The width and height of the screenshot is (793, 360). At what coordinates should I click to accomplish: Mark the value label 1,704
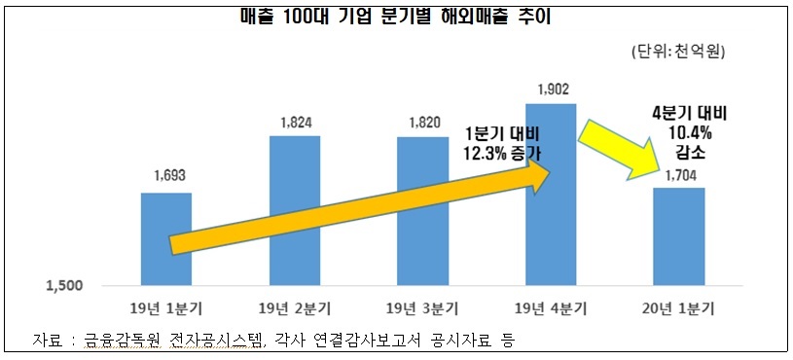pyautogui.click(x=678, y=176)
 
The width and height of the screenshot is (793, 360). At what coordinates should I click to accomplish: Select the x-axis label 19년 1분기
pyautogui.click(x=166, y=309)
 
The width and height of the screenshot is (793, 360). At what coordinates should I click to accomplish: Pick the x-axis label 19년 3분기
pyautogui.click(x=422, y=309)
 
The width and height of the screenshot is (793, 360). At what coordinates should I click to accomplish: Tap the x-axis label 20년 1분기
pyautogui.click(x=678, y=309)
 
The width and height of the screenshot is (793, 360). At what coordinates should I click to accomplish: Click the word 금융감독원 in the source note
pyautogui.click(x=116, y=340)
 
